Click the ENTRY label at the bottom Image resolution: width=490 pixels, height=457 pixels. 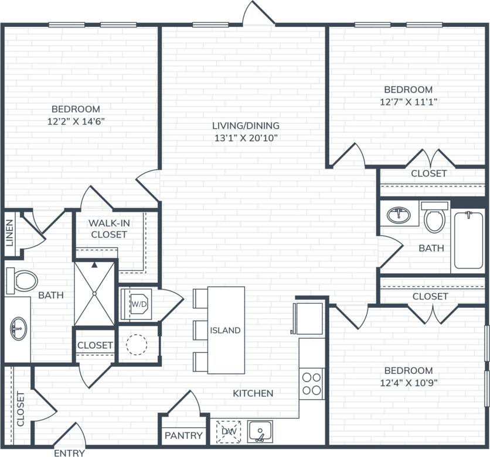click(69, 452)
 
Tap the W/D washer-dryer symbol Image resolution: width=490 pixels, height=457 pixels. click(138, 304)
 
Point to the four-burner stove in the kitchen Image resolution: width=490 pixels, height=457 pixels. click(312, 383)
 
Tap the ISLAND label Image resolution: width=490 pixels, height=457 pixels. click(226, 330)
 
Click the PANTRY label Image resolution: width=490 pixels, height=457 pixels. click(183, 435)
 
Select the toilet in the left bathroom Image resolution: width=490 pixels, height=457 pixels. click(22, 280)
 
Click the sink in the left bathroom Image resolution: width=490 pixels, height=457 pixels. click(18, 329)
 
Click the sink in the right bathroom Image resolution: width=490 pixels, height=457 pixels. click(400, 215)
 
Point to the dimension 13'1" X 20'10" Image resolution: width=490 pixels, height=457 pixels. click(246, 138)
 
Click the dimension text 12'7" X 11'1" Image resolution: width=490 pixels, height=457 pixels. click(409, 101)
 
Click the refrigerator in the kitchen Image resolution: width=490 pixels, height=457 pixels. click(308, 318)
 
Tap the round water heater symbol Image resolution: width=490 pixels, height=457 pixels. click(137, 345)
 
